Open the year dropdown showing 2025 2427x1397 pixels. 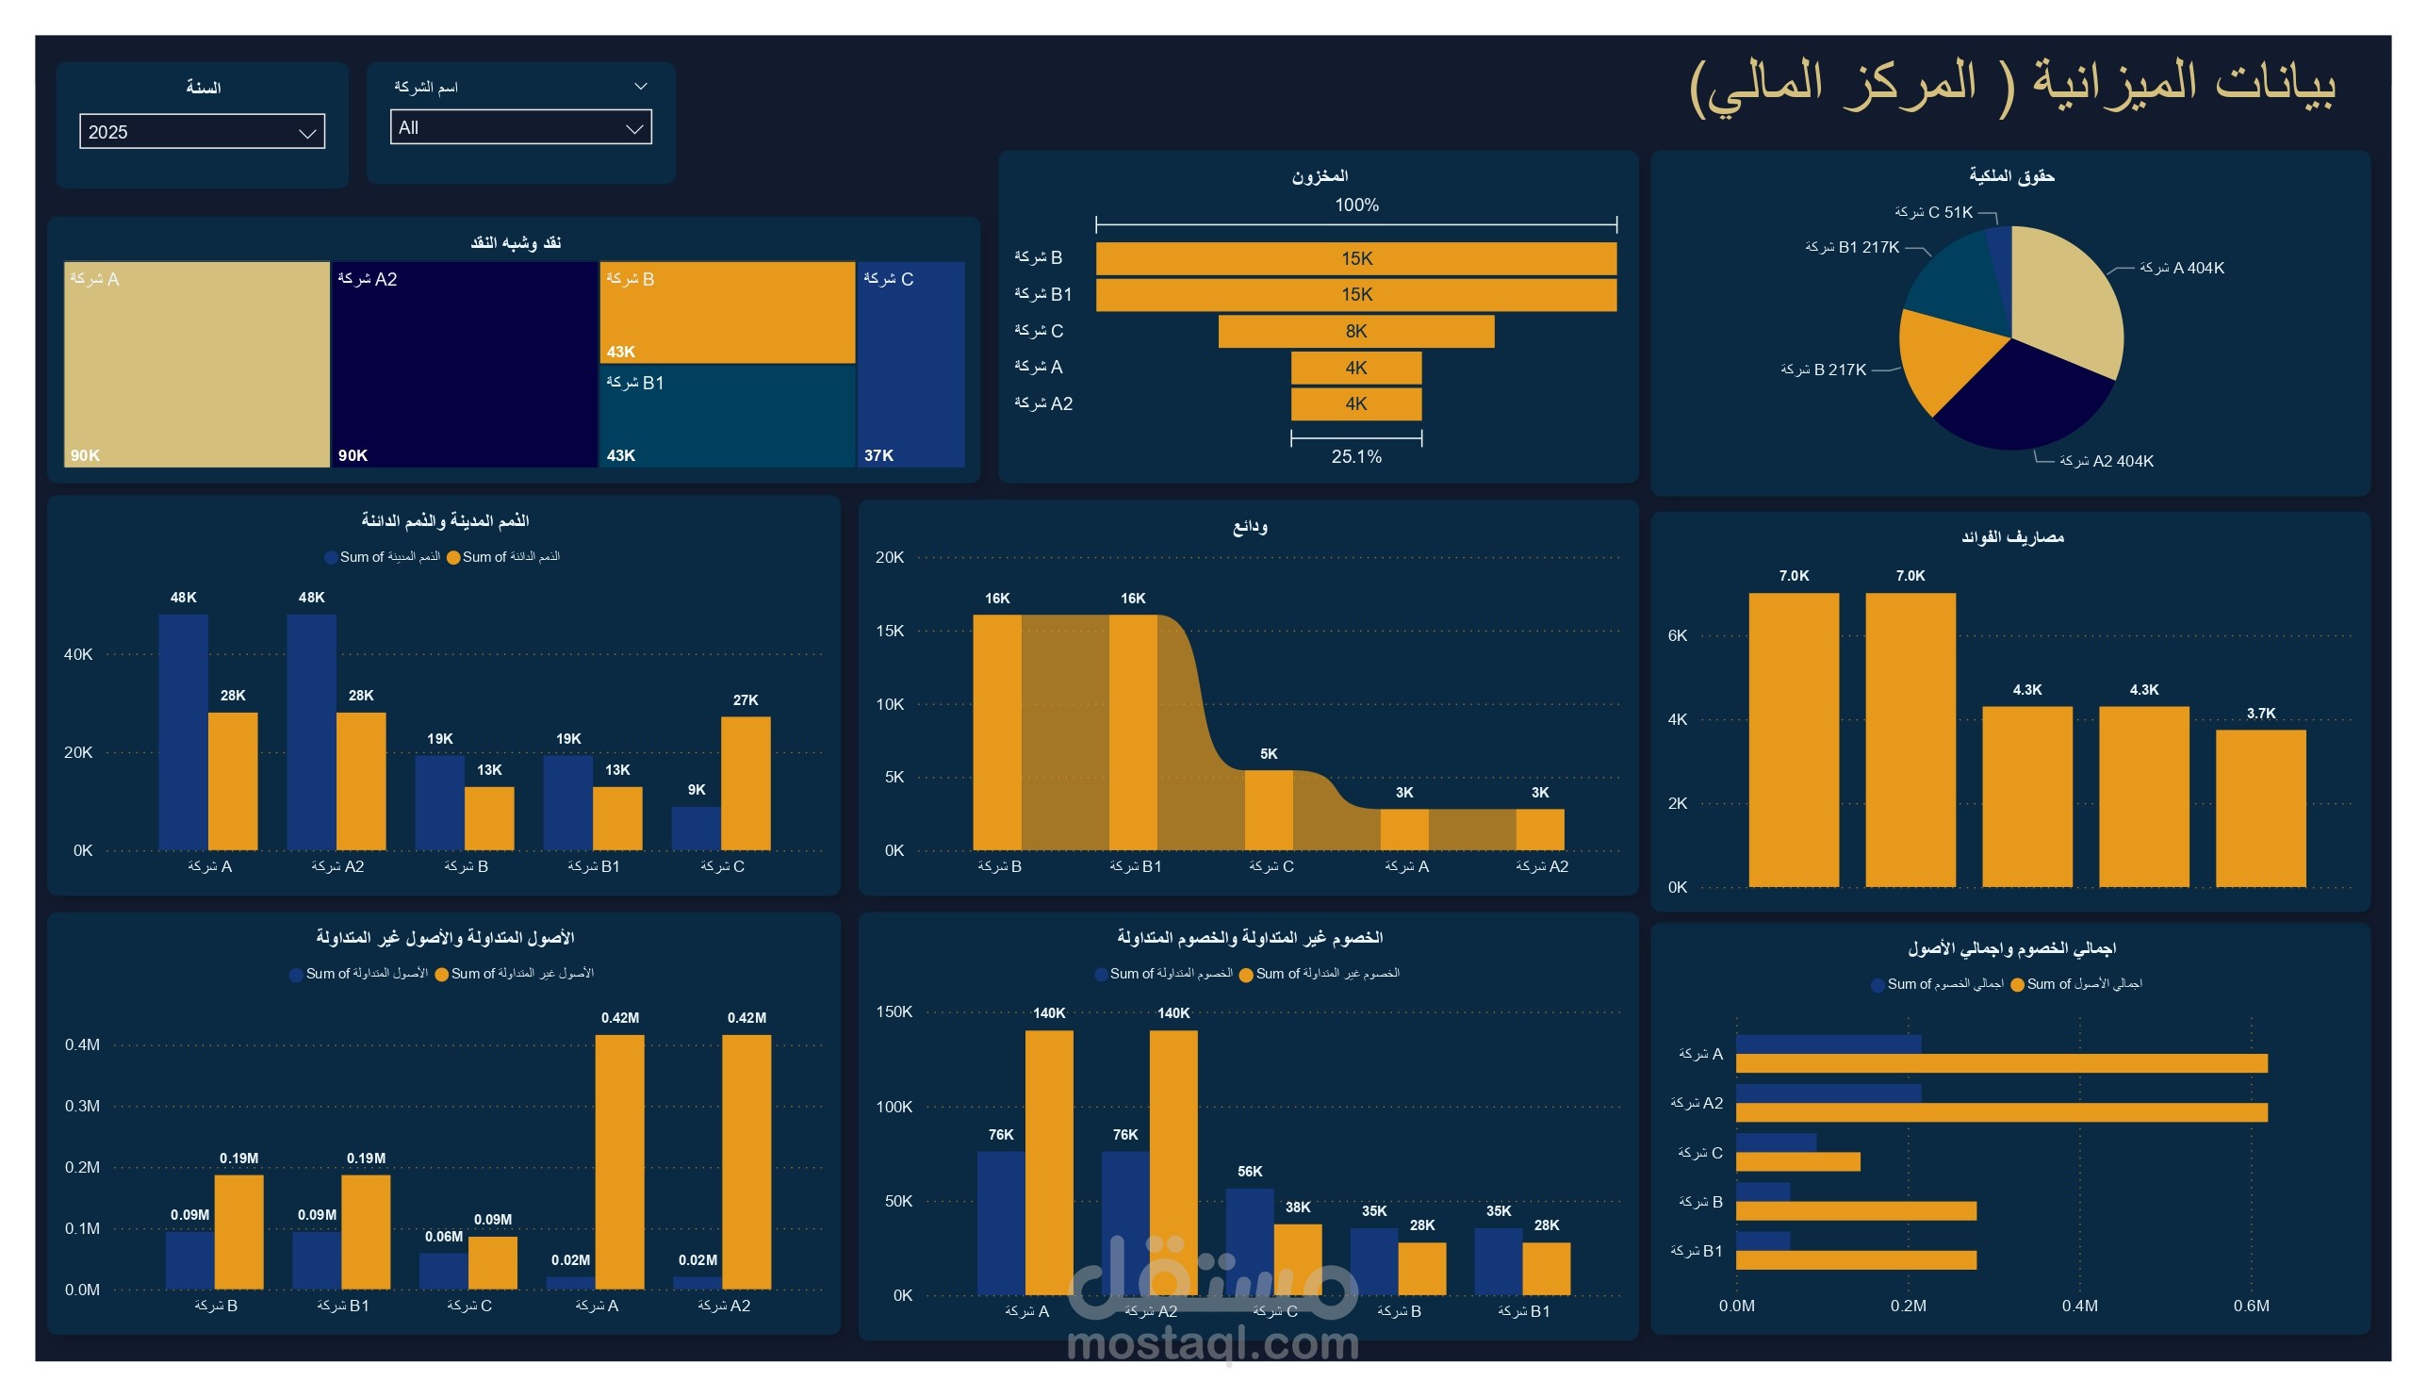pyautogui.click(x=202, y=131)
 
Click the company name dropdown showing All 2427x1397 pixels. pyautogui.click(x=520, y=127)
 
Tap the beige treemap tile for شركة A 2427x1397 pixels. pyautogui.click(x=197, y=365)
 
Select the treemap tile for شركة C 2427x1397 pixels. pyautogui.click(x=910, y=365)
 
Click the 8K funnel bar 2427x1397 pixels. pyautogui.click(x=1355, y=331)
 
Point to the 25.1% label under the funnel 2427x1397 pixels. pyautogui.click(x=1355, y=456)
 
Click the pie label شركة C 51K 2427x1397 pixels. pyautogui.click(x=1933, y=212)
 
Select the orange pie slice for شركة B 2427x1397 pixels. pyautogui.click(x=1947, y=355)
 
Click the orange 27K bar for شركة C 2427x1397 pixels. pyautogui.click(x=746, y=783)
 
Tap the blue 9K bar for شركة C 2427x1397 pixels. pyautogui.click(x=696, y=828)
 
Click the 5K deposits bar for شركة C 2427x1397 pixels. pyautogui.click(x=1269, y=810)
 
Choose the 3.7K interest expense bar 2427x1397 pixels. pyautogui.click(x=2260, y=808)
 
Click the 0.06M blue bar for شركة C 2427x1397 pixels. pyautogui.click(x=443, y=1271)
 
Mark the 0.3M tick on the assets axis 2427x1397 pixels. pyautogui.click(x=83, y=1106)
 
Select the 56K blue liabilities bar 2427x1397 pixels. pyautogui.click(x=1249, y=1241)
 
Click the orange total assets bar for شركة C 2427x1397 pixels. pyautogui.click(x=1797, y=1162)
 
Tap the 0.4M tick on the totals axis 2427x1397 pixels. pyautogui.click(x=2079, y=1306)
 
